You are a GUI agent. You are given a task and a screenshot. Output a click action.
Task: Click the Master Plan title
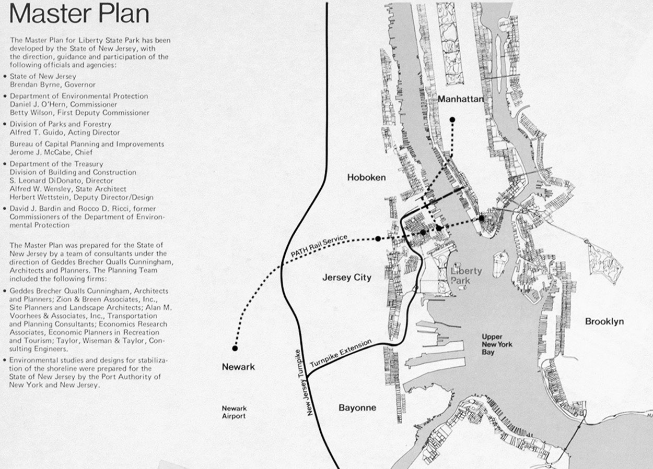79,15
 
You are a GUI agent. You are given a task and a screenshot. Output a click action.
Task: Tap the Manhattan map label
460,99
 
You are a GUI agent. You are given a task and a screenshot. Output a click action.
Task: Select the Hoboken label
366,177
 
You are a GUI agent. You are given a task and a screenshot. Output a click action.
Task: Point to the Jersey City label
346,278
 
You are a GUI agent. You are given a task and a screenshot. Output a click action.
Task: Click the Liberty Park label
466,276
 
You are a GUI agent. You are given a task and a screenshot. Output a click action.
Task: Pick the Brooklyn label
604,321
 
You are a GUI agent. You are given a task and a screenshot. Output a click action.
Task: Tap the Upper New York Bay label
497,344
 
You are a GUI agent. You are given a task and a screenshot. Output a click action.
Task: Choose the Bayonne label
357,407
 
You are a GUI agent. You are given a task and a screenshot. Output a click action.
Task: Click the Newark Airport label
234,412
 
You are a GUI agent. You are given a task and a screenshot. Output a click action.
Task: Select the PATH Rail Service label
319,246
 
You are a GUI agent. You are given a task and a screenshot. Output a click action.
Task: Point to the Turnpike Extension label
341,354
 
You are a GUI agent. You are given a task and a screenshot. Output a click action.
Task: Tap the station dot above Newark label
235,348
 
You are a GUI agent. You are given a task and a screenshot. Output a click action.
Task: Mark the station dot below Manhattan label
452,119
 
